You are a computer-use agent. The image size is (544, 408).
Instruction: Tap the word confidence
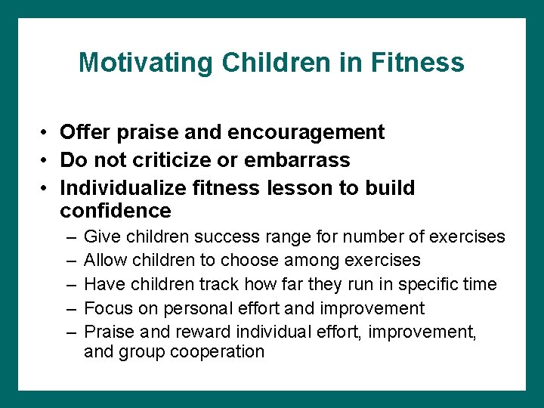pos(116,210)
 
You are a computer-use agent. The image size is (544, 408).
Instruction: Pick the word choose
pos(248,261)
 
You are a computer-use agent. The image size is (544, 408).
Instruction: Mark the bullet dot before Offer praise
pos(46,133)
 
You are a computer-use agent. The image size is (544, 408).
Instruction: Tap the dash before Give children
pos(70,237)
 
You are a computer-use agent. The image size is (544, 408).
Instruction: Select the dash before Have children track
pos(70,285)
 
